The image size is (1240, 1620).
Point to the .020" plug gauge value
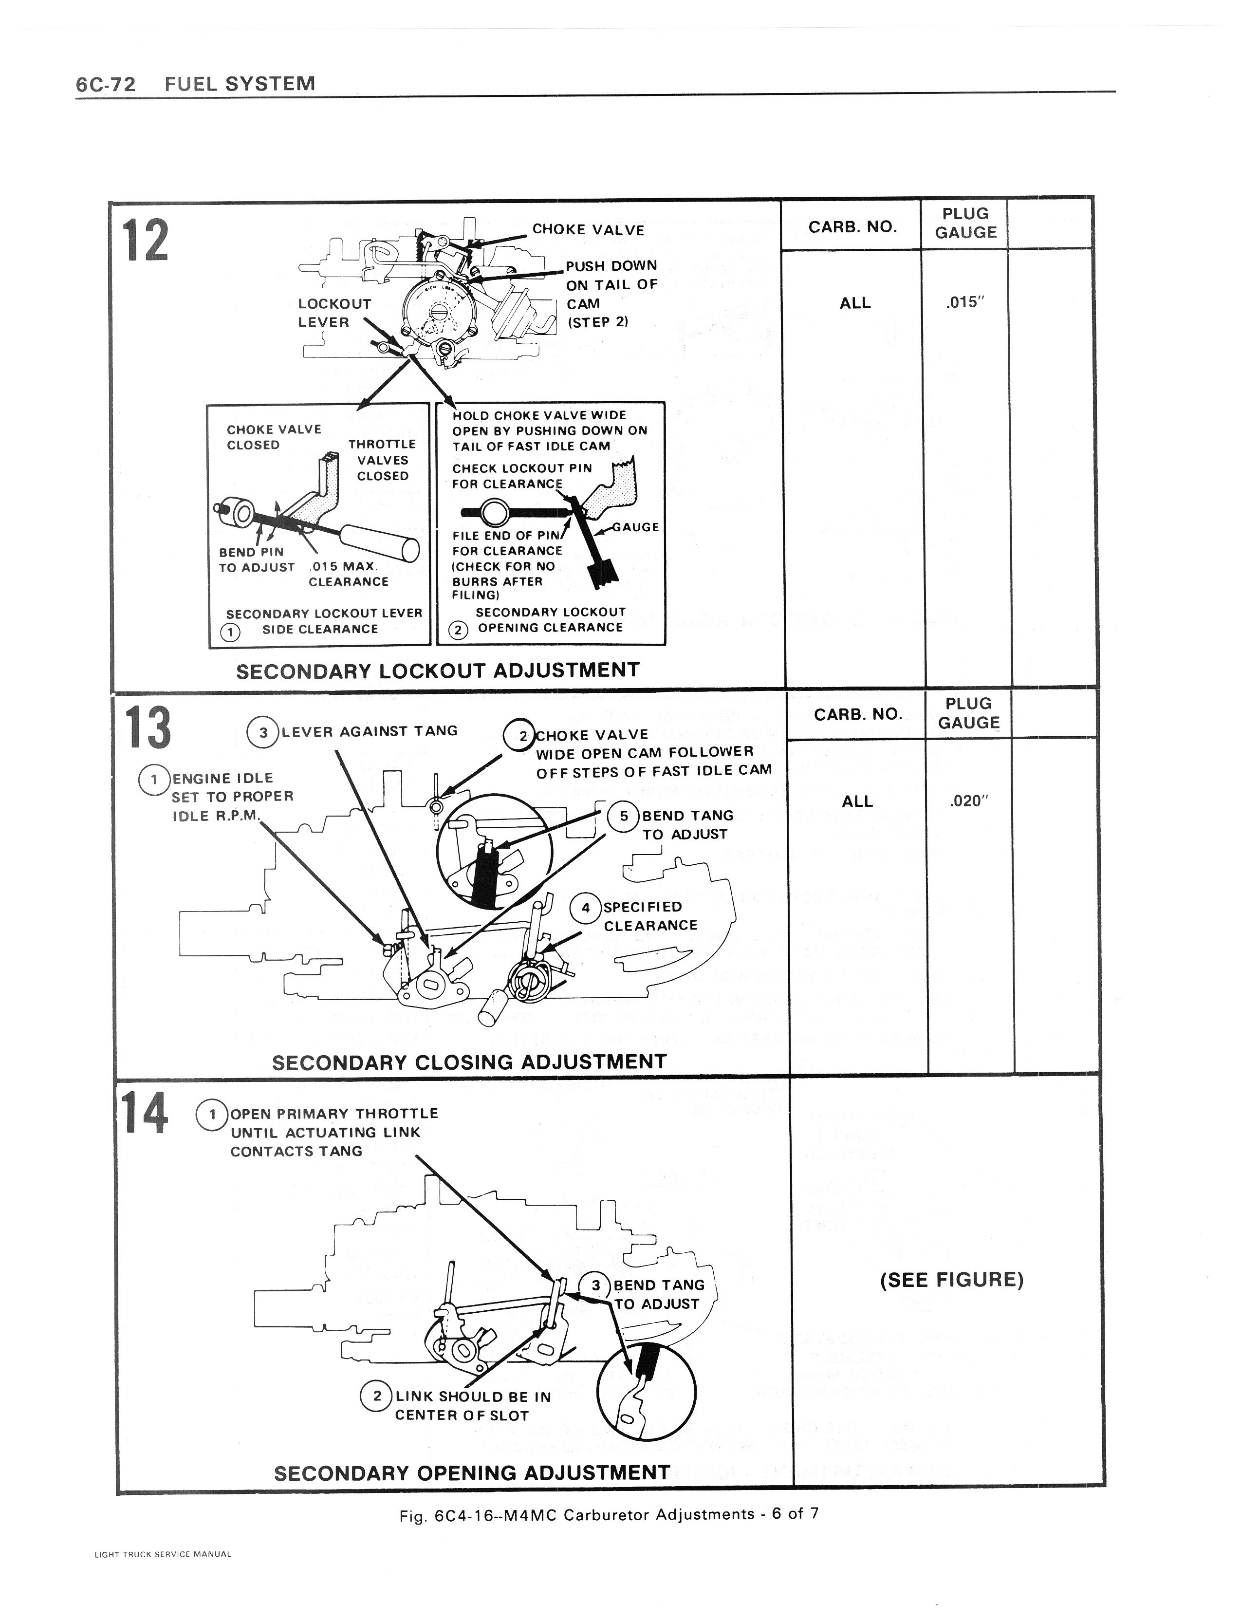tap(968, 801)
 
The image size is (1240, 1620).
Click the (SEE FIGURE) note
tap(951, 1280)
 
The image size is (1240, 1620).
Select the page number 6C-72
tap(106, 84)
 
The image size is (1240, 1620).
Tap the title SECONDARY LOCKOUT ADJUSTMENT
tap(437, 671)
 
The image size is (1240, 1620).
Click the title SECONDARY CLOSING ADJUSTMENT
tap(469, 1063)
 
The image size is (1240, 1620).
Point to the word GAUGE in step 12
tap(635, 527)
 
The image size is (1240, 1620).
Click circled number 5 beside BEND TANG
tap(624, 816)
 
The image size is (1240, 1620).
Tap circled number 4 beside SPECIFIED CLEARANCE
tap(586, 908)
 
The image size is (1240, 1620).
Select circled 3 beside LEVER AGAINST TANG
tap(263, 732)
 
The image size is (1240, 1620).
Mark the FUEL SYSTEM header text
tap(240, 83)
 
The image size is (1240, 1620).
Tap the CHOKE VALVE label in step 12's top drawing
tap(588, 229)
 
